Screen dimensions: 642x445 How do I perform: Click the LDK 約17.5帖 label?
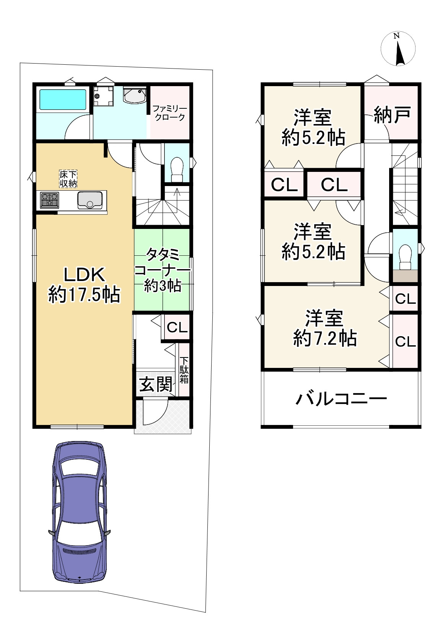[84, 285]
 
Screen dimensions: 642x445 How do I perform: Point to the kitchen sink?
[90, 200]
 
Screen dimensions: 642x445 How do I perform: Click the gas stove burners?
[50, 200]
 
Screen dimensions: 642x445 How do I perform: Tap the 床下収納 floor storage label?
[68, 178]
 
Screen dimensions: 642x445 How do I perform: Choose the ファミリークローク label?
[169, 113]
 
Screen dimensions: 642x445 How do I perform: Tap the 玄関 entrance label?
[156, 384]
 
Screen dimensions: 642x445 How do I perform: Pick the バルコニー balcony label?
[341, 399]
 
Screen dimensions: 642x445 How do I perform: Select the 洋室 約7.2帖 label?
[325, 328]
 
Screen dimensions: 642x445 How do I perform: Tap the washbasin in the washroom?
[134, 95]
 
